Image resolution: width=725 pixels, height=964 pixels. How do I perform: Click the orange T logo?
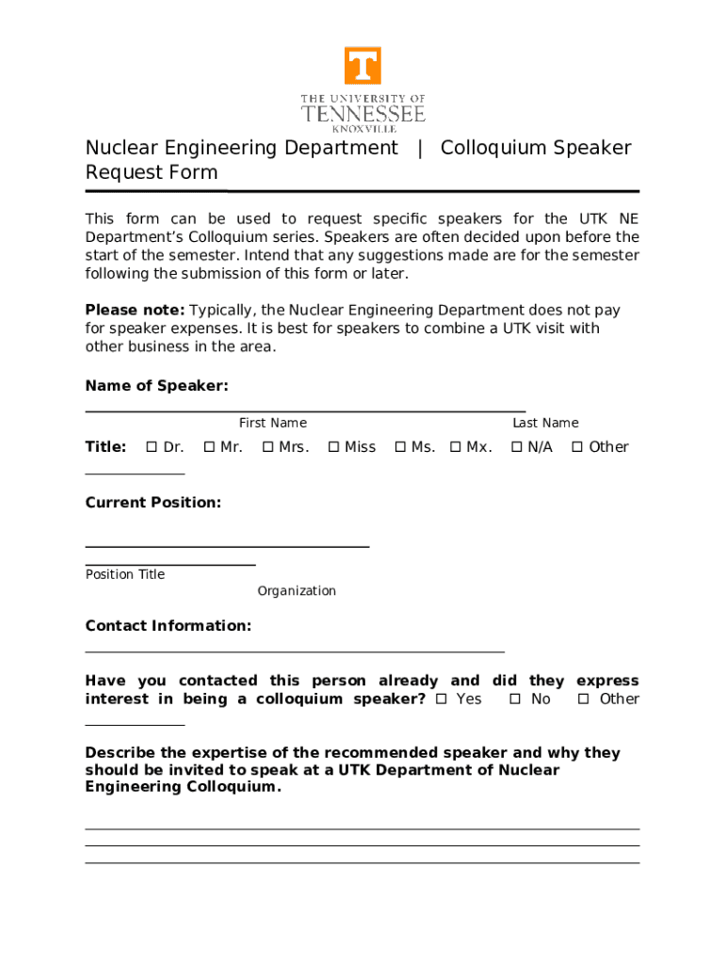click(x=362, y=66)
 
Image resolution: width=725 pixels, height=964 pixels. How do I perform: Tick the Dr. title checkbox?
click(x=152, y=447)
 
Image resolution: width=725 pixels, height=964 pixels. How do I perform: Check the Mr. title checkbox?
click(x=209, y=447)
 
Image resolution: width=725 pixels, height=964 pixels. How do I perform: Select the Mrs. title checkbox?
click(x=267, y=447)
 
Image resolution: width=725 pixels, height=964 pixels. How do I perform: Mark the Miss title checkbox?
click(x=333, y=447)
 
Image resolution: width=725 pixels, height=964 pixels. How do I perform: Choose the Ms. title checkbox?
click(x=400, y=447)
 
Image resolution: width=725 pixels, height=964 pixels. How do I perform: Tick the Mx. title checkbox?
click(x=456, y=447)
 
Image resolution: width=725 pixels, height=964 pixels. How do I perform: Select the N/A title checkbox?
click(x=516, y=447)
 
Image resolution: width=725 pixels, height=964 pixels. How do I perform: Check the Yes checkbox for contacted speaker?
click(x=443, y=699)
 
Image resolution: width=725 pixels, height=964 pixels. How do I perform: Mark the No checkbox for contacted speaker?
click(x=515, y=699)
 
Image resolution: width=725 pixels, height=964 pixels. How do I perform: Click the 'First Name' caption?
click(x=272, y=424)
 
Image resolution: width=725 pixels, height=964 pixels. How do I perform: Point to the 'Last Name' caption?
click(x=545, y=424)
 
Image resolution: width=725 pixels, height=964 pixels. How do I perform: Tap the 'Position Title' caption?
click(x=125, y=575)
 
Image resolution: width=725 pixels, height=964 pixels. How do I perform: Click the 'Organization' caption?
click(x=297, y=591)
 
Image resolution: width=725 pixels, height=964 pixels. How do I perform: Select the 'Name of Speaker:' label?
click(x=156, y=386)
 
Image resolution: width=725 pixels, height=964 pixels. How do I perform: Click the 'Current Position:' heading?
click(x=153, y=503)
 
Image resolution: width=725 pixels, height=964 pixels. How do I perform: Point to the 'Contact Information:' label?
click(x=169, y=626)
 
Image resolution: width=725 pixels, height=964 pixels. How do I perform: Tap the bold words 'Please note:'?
click(x=135, y=311)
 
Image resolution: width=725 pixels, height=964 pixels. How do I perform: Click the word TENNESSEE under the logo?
click(x=362, y=115)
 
